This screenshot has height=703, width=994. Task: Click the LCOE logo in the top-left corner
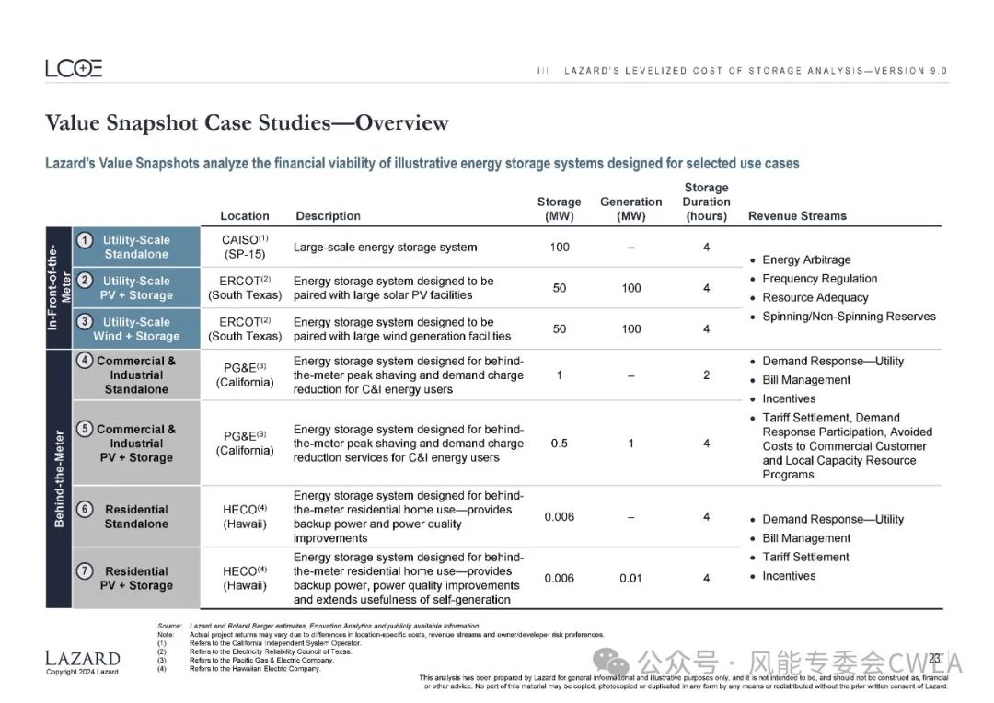pos(74,68)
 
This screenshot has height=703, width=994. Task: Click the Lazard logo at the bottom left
pos(82,659)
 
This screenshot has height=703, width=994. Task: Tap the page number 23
pos(934,659)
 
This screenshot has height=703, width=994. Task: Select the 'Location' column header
pos(245,216)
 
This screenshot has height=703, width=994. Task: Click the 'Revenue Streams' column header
pos(797,216)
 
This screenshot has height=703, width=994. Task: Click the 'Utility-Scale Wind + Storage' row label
pos(136,329)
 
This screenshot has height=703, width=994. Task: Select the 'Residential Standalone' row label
pos(136,517)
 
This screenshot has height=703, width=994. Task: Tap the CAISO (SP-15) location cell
pos(245,247)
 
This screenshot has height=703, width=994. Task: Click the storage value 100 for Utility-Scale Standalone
pos(560,247)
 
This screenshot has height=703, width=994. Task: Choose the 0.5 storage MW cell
pos(560,444)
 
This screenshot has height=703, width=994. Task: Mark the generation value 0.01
pos(631,578)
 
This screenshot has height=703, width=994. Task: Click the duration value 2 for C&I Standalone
pos(707,375)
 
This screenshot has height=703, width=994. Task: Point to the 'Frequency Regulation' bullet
pos(819,279)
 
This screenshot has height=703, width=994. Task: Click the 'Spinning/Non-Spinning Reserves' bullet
pos(849,317)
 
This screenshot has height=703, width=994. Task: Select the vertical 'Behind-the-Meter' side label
pos(59,478)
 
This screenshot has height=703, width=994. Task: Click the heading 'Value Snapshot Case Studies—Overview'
pos(247,123)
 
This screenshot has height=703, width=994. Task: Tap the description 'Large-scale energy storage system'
pos(385,247)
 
